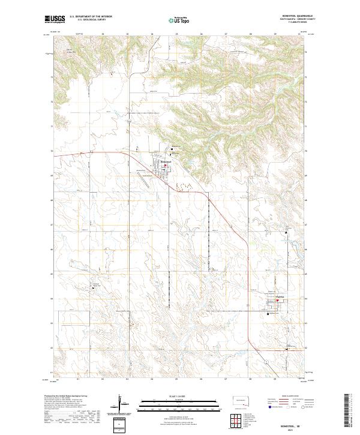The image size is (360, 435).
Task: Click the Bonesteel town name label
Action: point(166,162)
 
